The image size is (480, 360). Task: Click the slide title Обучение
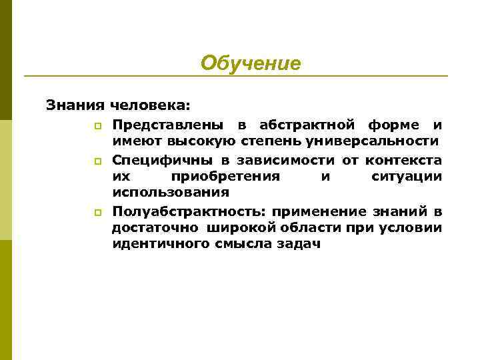point(251,63)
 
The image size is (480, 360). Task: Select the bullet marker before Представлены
point(97,125)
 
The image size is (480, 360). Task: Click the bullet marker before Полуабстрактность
point(97,213)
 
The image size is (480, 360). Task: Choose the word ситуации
point(406,177)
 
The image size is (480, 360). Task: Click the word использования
point(171,193)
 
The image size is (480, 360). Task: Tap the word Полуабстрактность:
point(187,211)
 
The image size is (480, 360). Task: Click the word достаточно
point(153,228)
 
